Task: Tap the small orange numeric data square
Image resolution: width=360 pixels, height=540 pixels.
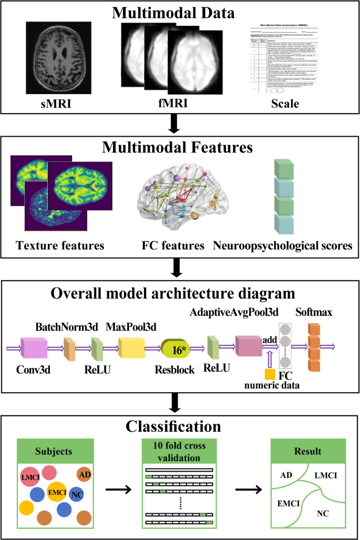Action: [x=270, y=374]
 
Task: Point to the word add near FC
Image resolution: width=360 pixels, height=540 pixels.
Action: [x=269, y=339]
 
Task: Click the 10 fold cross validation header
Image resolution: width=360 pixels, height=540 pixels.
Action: [x=180, y=452]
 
